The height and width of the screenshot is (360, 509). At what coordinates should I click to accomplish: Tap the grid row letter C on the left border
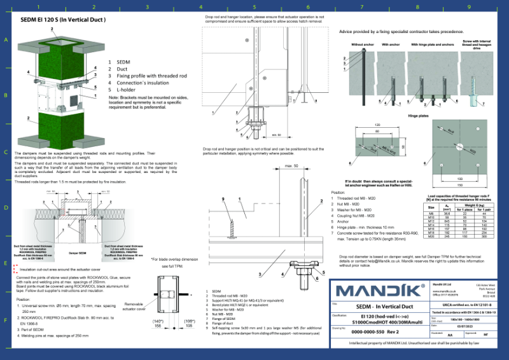(6, 153)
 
